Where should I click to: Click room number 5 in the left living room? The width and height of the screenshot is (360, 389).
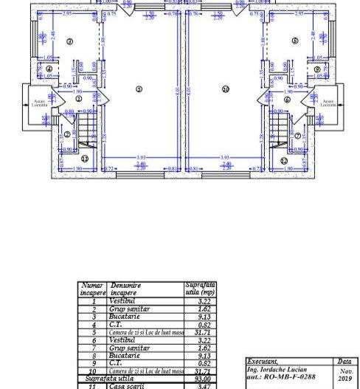(138, 89)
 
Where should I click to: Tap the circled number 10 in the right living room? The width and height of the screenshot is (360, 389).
(226, 89)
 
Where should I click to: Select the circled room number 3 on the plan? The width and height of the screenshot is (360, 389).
(69, 42)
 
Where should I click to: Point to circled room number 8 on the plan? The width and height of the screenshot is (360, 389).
(295, 42)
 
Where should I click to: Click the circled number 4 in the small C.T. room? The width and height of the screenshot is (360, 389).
(49, 70)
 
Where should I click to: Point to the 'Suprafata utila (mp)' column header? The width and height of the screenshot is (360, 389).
(199, 288)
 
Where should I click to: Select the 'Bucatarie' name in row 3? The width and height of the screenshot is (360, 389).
(125, 316)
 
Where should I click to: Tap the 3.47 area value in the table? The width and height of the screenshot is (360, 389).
(198, 385)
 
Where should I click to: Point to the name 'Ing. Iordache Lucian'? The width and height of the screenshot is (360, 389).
(277, 368)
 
